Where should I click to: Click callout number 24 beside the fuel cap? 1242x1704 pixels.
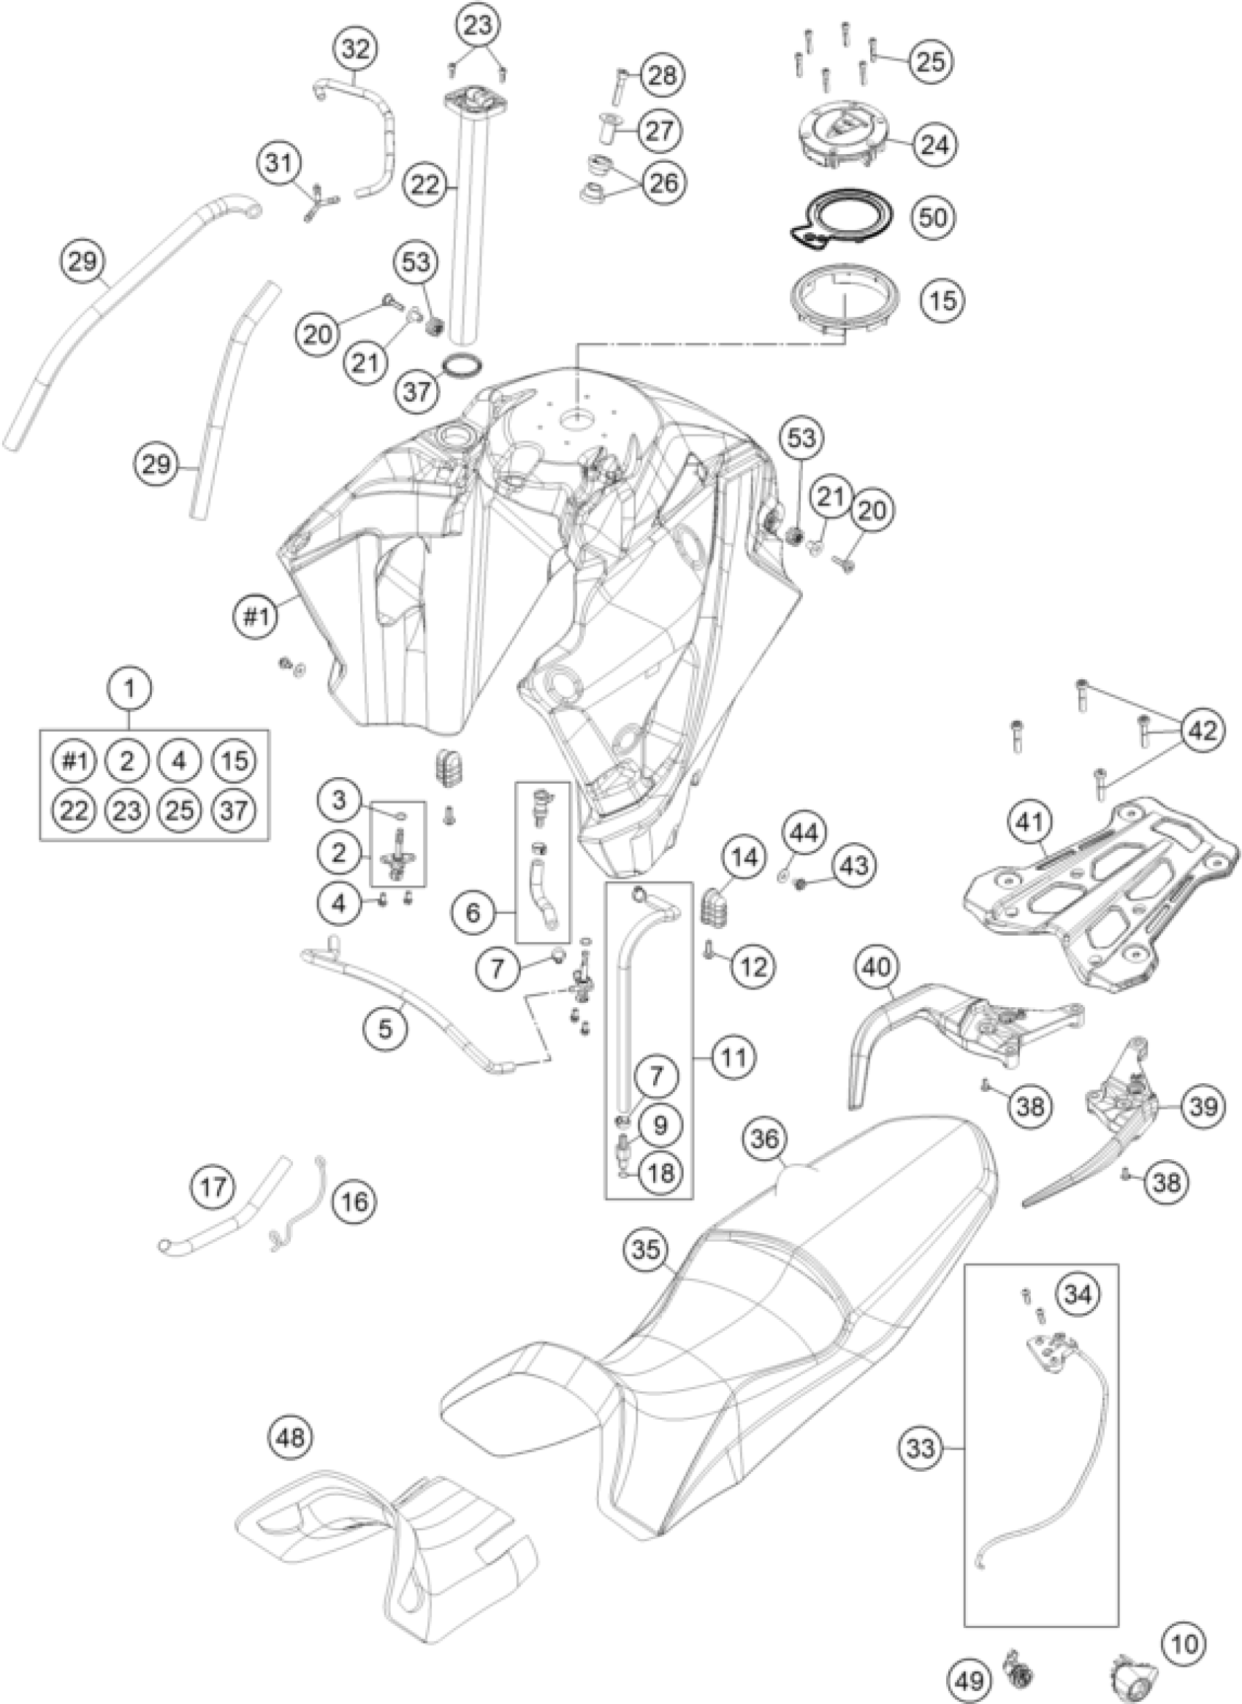pyautogui.click(x=934, y=144)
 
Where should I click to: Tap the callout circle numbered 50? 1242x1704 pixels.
pyautogui.click(x=934, y=217)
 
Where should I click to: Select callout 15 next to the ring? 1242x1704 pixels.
pyautogui.click(x=942, y=300)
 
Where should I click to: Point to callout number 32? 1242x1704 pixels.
pyautogui.click(x=356, y=51)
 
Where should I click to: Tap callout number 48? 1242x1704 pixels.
pyautogui.click(x=292, y=1438)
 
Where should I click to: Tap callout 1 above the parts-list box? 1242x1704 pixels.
pyautogui.click(x=130, y=688)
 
